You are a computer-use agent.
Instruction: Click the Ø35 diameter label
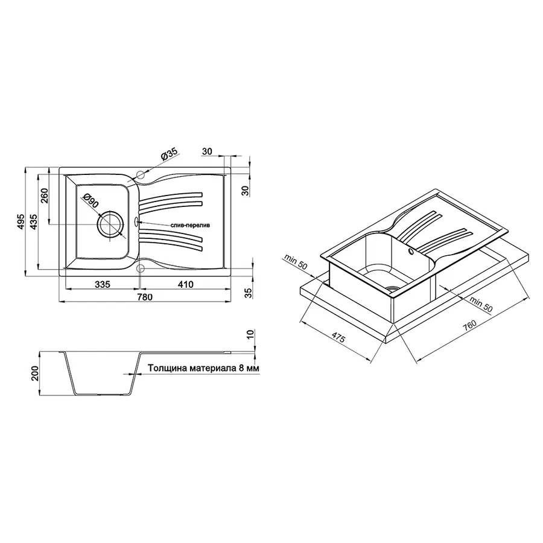[x=169, y=153]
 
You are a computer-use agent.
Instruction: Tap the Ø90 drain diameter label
[x=91, y=201]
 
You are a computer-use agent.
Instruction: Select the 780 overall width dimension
[x=145, y=297]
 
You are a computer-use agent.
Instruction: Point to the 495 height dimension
[x=21, y=222]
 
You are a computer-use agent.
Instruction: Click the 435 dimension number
[x=33, y=222]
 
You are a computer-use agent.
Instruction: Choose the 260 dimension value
[x=44, y=196]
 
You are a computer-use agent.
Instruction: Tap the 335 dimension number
[x=103, y=284]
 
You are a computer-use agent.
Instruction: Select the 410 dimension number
[x=186, y=284]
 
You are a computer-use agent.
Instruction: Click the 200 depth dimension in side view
[x=35, y=373]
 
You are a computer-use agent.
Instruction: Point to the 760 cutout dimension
[x=469, y=326]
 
